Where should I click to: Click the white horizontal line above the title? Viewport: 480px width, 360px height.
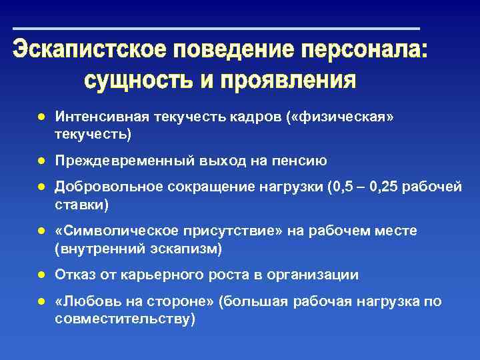click(217, 29)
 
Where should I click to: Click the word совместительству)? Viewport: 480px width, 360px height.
click(125, 319)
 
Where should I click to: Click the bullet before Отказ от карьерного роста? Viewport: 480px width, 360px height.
click(41, 275)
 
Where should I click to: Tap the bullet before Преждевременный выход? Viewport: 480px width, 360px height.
click(41, 161)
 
